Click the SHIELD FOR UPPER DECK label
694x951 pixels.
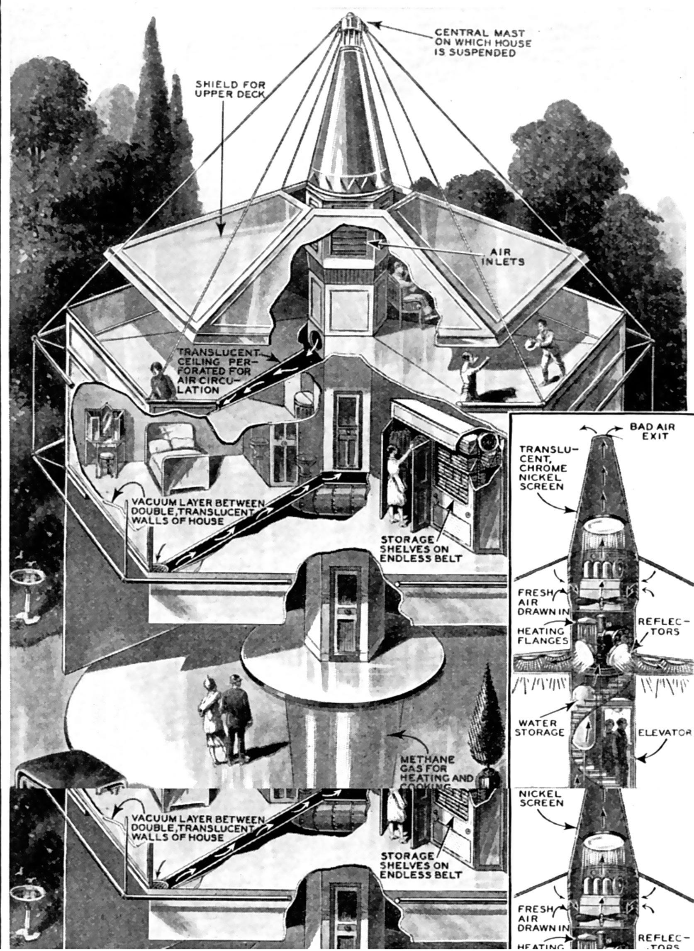(x=230, y=89)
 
